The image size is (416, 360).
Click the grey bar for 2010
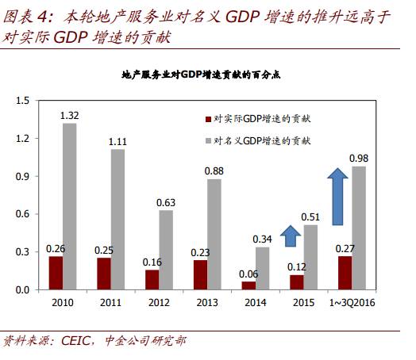click(x=70, y=206)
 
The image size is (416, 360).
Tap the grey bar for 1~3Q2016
click(x=359, y=228)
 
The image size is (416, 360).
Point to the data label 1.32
click(x=70, y=116)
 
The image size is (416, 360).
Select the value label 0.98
click(x=360, y=159)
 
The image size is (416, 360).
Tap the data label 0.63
click(x=165, y=202)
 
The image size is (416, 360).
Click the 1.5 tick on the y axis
click(x=21, y=101)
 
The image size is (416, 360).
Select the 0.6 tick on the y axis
click(x=21, y=214)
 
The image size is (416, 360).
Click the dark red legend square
click(x=208, y=119)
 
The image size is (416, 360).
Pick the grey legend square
click(x=208, y=140)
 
